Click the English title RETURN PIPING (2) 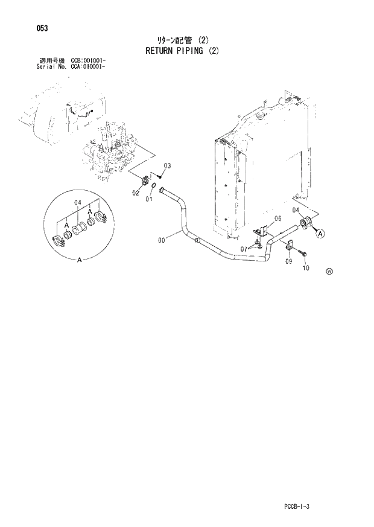tap(182, 51)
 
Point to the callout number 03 tap(167, 165)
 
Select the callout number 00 tap(162, 240)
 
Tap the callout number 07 tap(243, 249)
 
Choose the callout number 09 tap(288, 261)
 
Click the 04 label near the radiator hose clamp tap(296, 209)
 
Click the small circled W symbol tap(329, 271)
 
